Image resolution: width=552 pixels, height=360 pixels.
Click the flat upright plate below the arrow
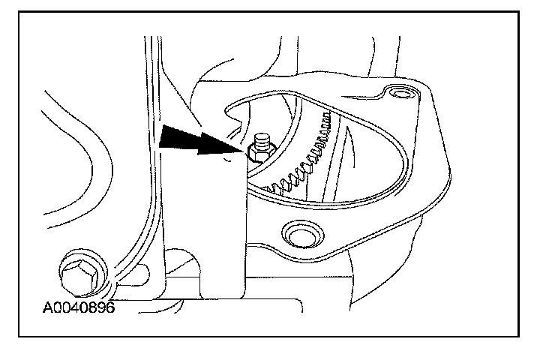[202, 225]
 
